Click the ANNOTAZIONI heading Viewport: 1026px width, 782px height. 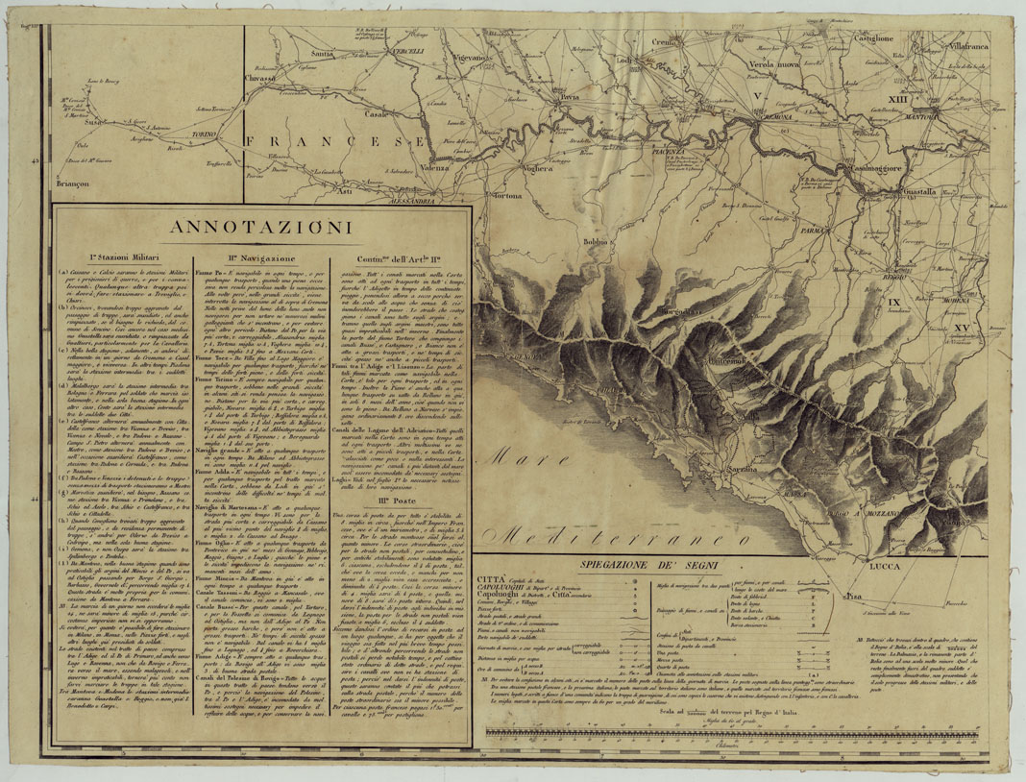(259, 228)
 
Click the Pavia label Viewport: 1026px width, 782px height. (570, 98)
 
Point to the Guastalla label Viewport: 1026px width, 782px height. (920, 191)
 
